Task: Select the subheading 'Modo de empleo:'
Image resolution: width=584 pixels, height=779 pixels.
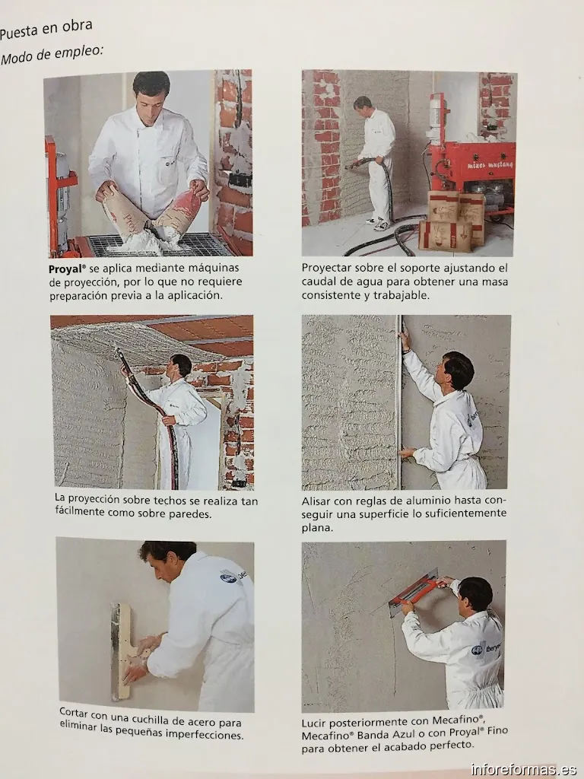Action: (52, 54)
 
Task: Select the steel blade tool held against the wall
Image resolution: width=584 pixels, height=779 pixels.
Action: (120, 651)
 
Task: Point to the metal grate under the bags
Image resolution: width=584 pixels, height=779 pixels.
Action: (152, 245)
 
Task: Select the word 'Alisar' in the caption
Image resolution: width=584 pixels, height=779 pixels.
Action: (318, 501)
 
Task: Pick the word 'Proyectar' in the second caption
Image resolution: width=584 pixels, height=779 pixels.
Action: (328, 269)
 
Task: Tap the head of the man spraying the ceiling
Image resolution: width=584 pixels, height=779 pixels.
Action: (181, 365)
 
